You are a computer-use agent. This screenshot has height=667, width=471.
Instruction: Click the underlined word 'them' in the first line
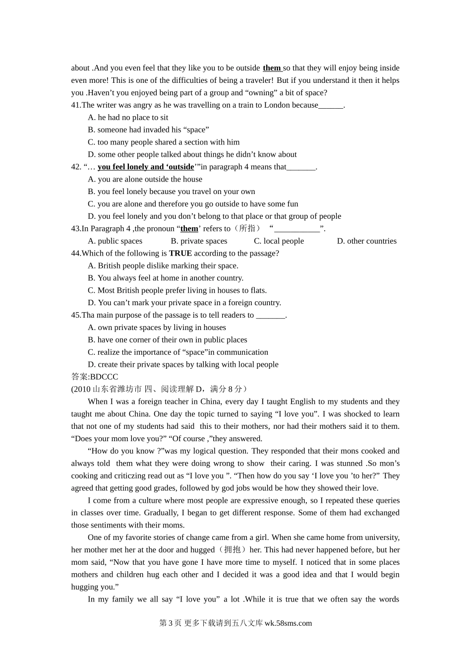(272, 68)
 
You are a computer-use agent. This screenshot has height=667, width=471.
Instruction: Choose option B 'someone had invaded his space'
(148, 130)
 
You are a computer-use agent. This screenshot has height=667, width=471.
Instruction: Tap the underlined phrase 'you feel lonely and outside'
(146, 167)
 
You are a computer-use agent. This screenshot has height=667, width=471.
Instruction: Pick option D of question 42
(214, 216)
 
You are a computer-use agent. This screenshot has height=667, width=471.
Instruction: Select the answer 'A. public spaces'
(115, 241)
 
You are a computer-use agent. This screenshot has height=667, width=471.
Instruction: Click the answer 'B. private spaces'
(199, 241)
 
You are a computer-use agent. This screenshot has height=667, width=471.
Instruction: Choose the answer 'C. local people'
(279, 241)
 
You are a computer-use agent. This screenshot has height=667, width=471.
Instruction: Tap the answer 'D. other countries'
(366, 241)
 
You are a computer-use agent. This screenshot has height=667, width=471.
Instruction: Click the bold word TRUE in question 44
(180, 254)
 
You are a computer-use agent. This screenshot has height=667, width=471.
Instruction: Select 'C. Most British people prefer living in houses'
(177, 290)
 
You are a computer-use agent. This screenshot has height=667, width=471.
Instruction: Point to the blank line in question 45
(271, 315)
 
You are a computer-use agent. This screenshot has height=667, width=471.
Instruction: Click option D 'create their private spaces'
(183, 364)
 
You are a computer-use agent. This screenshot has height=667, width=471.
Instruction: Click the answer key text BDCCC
(104, 377)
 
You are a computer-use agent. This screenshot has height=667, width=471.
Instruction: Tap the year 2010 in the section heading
(82, 389)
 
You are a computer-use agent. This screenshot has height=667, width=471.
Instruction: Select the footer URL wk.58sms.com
(288, 623)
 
